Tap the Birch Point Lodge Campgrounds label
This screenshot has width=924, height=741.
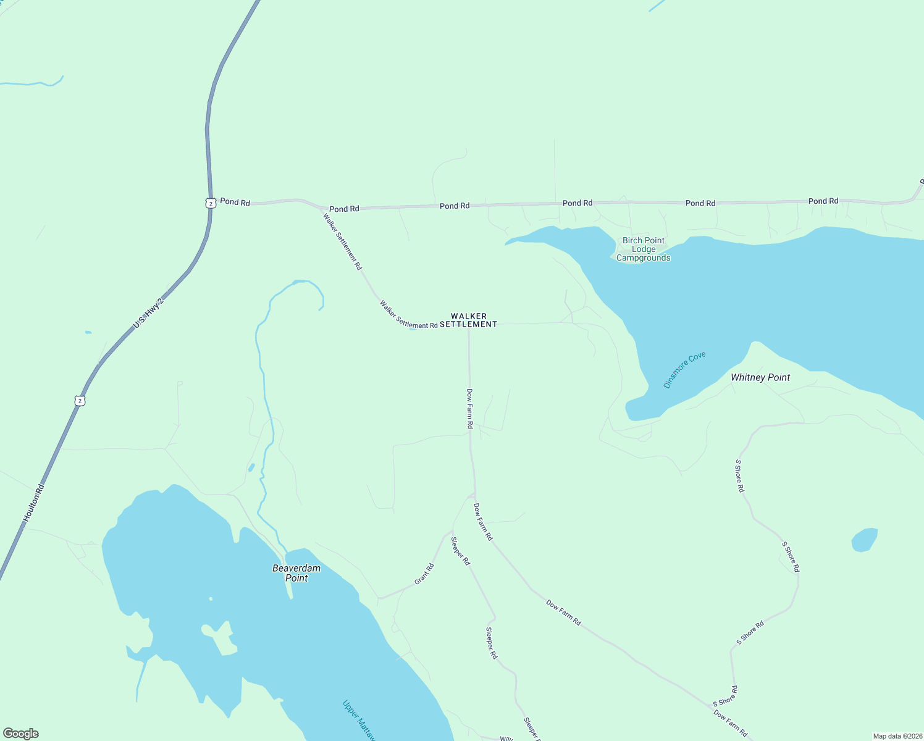tap(644, 249)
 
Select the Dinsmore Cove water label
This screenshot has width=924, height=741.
tap(684, 370)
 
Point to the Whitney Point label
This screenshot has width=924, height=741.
tap(760, 377)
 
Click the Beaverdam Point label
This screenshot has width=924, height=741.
tap(296, 573)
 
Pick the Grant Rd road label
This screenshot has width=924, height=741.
tap(424, 574)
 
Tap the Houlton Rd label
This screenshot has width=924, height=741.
tap(35, 503)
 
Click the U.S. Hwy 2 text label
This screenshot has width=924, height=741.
tap(149, 314)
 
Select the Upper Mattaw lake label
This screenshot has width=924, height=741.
tap(359, 720)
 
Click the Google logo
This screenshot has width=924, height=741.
tap(20, 734)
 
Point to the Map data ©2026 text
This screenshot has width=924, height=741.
tap(897, 736)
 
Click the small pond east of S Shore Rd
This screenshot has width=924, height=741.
tap(865, 540)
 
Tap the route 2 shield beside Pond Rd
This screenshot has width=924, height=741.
tap(211, 203)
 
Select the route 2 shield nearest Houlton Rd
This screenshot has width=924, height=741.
tap(80, 401)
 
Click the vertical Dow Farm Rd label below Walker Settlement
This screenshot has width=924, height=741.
tap(469, 409)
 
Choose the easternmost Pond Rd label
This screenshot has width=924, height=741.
tap(823, 201)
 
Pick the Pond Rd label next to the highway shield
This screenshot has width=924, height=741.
tap(235, 202)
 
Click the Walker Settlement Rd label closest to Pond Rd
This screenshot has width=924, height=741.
tap(342, 241)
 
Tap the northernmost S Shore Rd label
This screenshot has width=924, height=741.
tap(739, 475)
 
